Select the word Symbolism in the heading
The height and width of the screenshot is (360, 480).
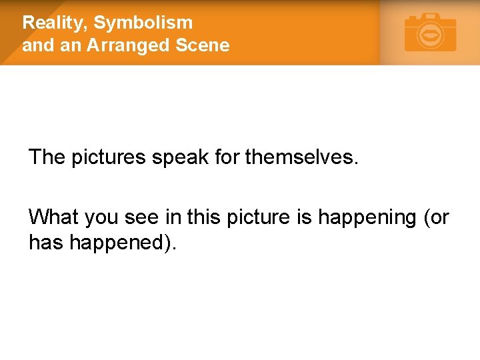tap(143, 23)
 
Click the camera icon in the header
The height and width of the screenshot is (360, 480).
tap(431, 33)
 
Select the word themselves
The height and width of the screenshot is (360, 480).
tap(301, 157)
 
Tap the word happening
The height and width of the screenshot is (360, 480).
tap(367, 217)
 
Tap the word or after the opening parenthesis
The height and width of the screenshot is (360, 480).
tap(439, 217)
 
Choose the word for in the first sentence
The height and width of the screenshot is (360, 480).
tap(227, 157)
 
